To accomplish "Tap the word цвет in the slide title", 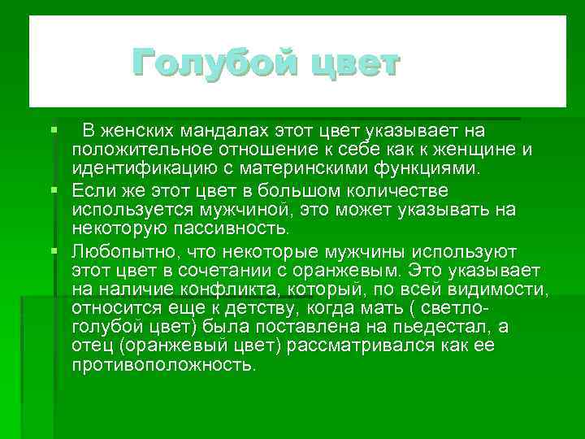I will click(353, 63).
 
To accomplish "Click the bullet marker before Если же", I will click(54, 190).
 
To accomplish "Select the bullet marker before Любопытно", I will click(54, 250).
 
